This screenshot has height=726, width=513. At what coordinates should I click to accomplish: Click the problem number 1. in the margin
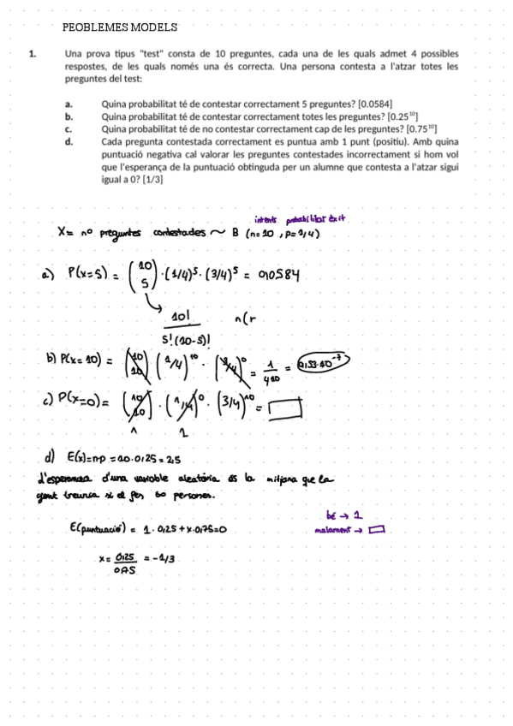pyautogui.click(x=32, y=53)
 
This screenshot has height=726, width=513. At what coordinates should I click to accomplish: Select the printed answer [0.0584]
pyautogui.click(x=375, y=103)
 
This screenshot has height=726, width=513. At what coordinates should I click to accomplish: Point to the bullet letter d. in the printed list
pyautogui.click(x=69, y=141)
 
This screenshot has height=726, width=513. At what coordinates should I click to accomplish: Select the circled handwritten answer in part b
pyautogui.click(x=323, y=366)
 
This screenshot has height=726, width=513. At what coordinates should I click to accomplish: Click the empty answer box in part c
pyautogui.click(x=285, y=412)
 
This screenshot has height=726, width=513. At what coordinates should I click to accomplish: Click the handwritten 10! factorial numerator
pyautogui.click(x=181, y=317)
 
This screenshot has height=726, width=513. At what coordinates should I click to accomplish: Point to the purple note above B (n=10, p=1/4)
pyautogui.click(x=298, y=218)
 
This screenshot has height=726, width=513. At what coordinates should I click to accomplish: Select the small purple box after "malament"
pyautogui.click(x=377, y=529)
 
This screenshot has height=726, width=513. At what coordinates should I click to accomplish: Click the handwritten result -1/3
pyautogui.click(x=161, y=557)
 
